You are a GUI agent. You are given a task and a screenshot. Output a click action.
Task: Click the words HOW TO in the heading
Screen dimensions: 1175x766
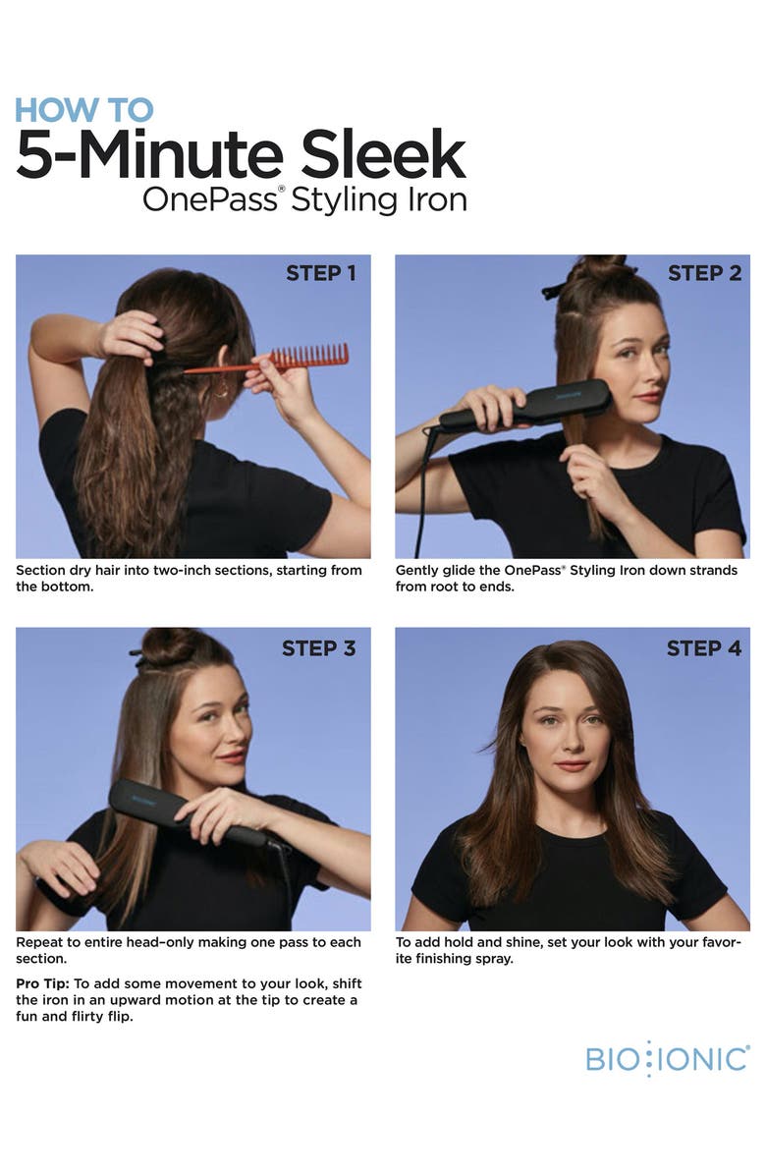(x=84, y=109)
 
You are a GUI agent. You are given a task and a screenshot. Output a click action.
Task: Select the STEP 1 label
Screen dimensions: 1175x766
(x=321, y=273)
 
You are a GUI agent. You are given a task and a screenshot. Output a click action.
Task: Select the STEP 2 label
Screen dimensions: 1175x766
(x=704, y=273)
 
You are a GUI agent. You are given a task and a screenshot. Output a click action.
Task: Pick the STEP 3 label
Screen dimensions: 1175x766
(x=319, y=648)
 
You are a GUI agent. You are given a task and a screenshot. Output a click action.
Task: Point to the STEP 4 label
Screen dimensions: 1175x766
(x=704, y=648)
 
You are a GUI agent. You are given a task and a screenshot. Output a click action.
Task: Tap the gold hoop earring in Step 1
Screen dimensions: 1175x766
(x=221, y=390)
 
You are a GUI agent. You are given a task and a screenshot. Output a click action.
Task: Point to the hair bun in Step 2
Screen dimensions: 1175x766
(x=596, y=267)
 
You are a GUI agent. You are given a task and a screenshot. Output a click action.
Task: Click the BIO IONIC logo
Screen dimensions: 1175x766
(x=667, y=1059)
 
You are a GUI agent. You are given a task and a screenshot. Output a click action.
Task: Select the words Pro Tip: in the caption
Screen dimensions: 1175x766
(x=42, y=984)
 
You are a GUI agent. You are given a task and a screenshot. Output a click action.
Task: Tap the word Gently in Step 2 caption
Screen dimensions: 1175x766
(x=419, y=571)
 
